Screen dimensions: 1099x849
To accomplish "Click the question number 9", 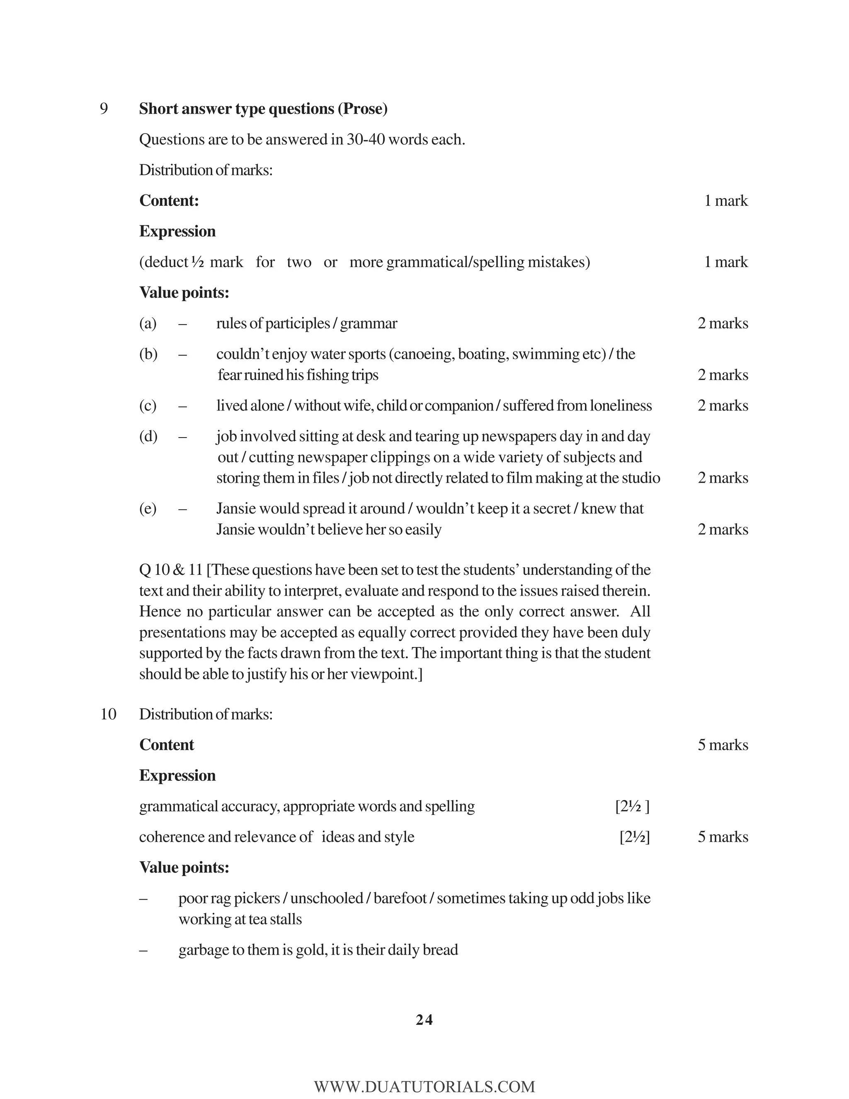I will [104, 109].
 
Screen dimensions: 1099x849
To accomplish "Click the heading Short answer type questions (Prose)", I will [263, 109].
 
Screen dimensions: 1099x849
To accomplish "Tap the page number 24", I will [424, 1019].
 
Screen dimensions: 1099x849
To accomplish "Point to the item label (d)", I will [148, 436].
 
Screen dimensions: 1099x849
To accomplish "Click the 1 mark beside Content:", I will [725, 201].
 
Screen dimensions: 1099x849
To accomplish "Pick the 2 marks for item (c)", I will [722, 406].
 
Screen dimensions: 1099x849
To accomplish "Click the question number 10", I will [108, 714].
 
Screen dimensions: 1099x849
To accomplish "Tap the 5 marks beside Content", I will [722, 745].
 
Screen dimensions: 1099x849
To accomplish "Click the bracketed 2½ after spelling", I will [632, 807].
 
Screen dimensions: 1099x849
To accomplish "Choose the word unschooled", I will [326, 898].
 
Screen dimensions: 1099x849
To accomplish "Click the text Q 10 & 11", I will [171, 570].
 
